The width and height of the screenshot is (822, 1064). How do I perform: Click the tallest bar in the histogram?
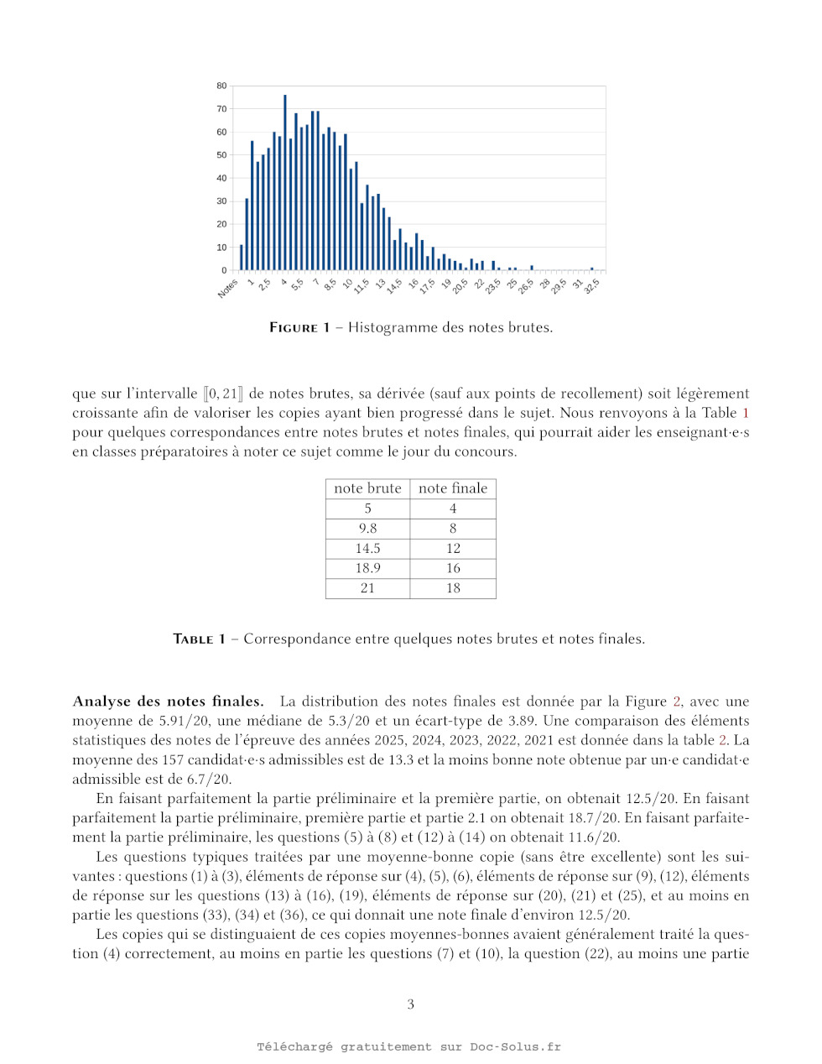[284, 182]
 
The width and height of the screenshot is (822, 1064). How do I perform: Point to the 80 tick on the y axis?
[221, 86]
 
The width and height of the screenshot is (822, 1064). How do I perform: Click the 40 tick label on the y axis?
[221, 178]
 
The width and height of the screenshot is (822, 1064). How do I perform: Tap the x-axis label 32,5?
[591, 286]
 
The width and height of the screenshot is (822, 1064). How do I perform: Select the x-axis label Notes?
[227, 289]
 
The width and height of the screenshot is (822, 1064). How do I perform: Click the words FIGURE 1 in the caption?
[299, 327]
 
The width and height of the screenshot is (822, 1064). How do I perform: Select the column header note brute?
[367, 488]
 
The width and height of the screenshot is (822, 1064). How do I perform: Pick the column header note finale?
[453, 488]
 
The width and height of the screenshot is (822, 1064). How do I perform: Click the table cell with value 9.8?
[367, 529]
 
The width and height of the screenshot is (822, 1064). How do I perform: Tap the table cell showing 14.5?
[367, 548]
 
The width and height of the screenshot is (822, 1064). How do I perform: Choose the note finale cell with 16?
[453, 568]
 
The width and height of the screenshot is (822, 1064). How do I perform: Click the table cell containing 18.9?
[367, 568]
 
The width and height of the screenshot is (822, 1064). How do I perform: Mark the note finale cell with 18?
[453, 588]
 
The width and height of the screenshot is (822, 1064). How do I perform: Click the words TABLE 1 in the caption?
[199, 639]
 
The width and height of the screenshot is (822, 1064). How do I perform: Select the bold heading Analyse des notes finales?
[168, 702]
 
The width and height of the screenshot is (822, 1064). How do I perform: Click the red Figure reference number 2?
[677, 702]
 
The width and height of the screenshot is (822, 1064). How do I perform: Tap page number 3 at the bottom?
[411, 1004]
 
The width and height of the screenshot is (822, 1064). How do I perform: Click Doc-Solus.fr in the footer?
[515, 1046]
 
